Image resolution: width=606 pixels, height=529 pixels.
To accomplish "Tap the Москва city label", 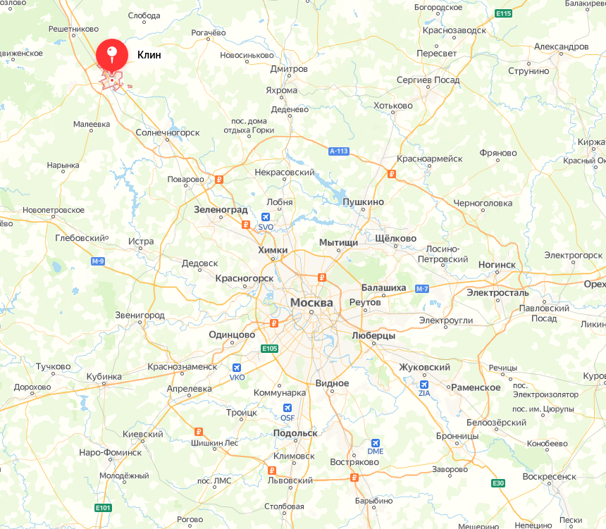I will [311, 302].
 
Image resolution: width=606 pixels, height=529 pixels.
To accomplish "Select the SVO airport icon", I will [266, 218].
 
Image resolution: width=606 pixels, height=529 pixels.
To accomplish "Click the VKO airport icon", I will [237, 368].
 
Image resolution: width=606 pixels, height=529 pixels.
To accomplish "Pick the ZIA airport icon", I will [424, 385].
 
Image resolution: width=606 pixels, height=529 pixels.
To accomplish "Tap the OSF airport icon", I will [287, 408].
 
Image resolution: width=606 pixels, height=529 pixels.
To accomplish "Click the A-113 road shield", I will [339, 151].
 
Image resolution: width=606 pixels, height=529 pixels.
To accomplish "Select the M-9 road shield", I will [98, 261].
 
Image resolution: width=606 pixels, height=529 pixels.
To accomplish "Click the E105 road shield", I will [269, 348].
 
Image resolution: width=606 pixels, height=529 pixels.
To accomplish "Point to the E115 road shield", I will [503, 13].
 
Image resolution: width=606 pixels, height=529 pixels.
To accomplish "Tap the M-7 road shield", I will [422, 289].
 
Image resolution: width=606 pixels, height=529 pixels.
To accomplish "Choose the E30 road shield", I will [498, 483].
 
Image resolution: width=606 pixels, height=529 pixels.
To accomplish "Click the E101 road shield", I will [103, 507].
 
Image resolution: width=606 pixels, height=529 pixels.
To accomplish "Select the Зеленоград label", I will [221, 210].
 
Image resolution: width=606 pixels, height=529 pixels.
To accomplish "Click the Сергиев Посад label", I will [428, 80].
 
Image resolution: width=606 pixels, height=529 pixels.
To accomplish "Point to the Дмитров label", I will [289, 69].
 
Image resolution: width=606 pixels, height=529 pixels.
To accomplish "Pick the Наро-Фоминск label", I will [111, 452].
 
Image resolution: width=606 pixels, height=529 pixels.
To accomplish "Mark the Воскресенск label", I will [549, 476].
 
